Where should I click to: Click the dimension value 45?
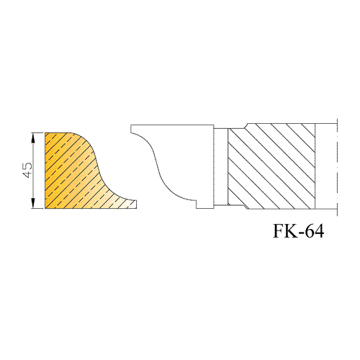coord(27,170)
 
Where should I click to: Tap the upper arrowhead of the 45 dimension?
coord(33,138)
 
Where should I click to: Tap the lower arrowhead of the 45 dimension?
coord(33,203)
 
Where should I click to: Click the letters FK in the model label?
coord(285,231)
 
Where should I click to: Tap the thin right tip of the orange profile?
coord(136,204)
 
